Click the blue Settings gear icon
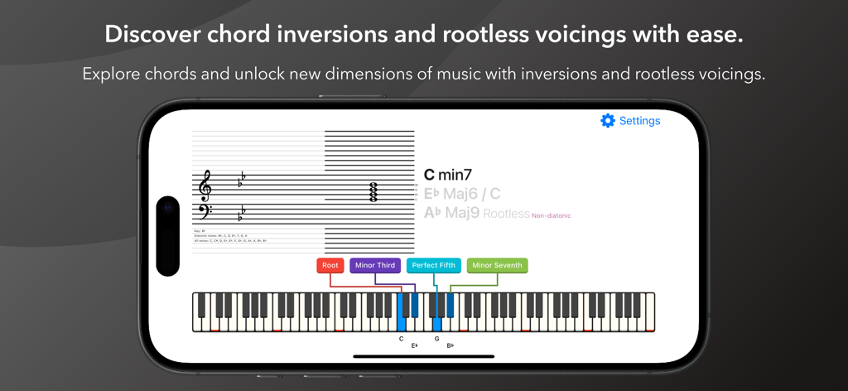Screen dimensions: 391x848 pos(608,121)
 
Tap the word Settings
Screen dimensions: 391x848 pos(639,121)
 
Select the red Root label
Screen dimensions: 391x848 pos(330,265)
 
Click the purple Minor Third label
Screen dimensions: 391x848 pos(375,265)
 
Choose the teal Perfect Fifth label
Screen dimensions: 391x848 pos(434,265)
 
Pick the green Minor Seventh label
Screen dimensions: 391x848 pos(497,265)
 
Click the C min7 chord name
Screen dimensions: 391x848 pos(447,175)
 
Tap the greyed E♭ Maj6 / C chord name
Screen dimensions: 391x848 pos(462,194)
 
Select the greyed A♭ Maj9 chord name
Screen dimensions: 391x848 pos(451,213)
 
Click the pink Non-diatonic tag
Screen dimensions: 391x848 pos(551,215)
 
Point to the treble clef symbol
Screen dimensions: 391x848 pos(205,186)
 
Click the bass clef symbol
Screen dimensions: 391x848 pos(205,212)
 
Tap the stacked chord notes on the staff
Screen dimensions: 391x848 pos(373,193)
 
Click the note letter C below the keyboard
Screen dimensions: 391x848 pos(402,339)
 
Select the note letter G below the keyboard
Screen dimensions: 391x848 pos(436,339)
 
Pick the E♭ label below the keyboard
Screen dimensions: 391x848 pos(415,345)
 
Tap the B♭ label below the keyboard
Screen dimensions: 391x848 pos(450,345)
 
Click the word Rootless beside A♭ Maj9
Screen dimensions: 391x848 pos(506,214)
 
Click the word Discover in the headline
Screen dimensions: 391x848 pos(152,34)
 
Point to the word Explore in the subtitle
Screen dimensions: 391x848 pos(111,74)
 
